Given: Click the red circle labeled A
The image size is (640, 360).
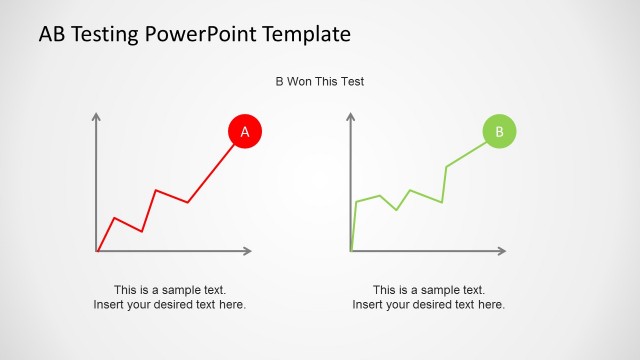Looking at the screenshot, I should pyautogui.click(x=245, y=131).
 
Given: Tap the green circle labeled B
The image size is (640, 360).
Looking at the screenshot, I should pyautogui.click(x=499, y=131).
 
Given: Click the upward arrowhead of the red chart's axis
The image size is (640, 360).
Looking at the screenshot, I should pyautogui.click(x=97, y=116).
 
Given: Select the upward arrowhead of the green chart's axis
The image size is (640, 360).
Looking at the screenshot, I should pyautogui.click(x=351, y=116).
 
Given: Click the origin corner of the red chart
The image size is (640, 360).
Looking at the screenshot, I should pyautogui.click(x=97, y=250).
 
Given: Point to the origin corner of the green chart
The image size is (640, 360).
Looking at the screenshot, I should pyautogui.click(x=351, y=250).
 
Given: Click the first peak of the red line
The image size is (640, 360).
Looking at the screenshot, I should pyautogui.click(x=115, y=217).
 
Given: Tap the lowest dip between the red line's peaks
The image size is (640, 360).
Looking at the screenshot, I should pyautogui.click(x=142, y=231).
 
